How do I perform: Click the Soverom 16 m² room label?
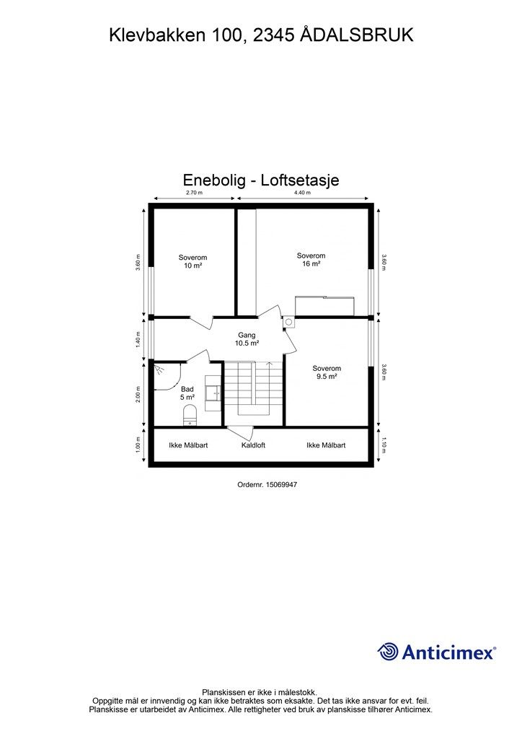[x=311, y=260]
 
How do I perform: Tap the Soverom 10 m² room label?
[x=193, y=261]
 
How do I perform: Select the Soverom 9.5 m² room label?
[x=326, y=372]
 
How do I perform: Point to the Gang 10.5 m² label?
[x=247, y=339]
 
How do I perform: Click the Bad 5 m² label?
[x=187, y=393]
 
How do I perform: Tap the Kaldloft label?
[x=253, y=445]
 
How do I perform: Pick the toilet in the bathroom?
[x=190, y=414]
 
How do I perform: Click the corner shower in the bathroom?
[x=166, y=376]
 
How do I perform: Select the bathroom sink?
[x=213, y=393]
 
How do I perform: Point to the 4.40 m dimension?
[x=301, y=193]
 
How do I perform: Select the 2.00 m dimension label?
[x=138, y=395]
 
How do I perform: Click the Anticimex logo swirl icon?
[x=388, y=652]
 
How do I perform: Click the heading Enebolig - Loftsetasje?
[x=261, y=180]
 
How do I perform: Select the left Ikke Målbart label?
[x=188, y=445]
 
